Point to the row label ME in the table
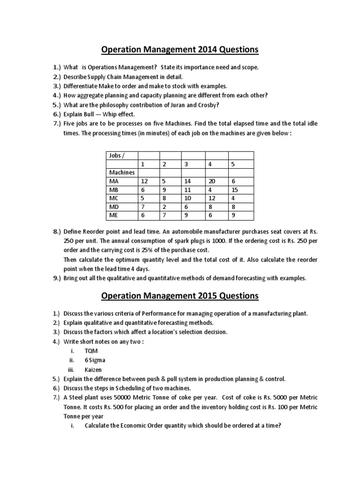114,216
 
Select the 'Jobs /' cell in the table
117,155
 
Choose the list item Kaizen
93,369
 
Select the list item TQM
90,351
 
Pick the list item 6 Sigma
95,360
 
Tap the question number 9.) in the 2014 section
57,278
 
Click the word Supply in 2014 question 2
98,77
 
